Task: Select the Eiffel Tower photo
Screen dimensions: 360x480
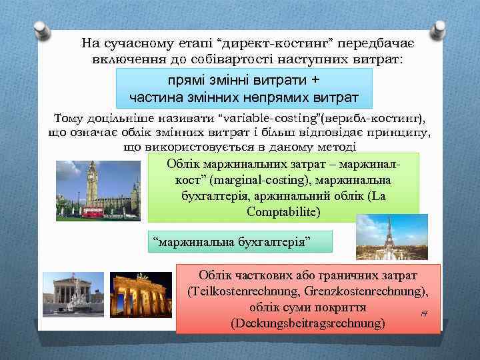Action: click(382, 237)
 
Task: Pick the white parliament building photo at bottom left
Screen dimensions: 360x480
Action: click(73, 294)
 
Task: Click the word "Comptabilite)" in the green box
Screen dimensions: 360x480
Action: click(283, 211)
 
